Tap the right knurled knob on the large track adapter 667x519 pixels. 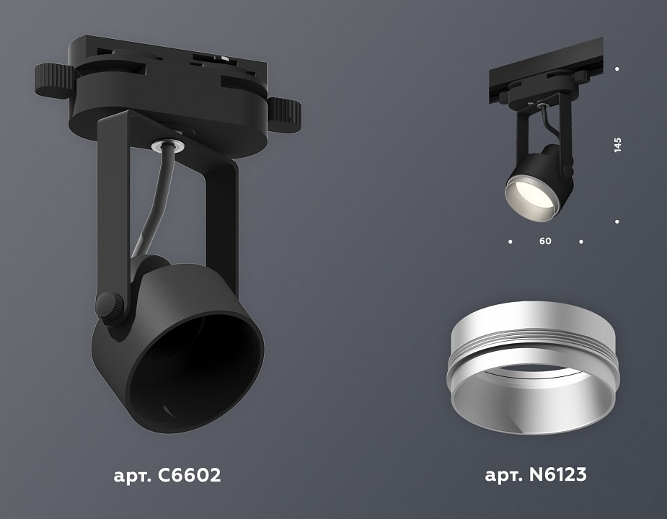click(x=286, y=112)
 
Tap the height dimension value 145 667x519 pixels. click(x=617, y=144)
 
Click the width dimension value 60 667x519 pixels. click(x=545, y=241)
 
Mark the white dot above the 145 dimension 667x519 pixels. click(x=617, y=69)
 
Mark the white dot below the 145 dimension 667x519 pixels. click(x=617, y=221)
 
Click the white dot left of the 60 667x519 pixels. click(x=510, y=241)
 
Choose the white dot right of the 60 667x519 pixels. click(x=581, y=241)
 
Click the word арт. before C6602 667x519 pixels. click(x=130, y=476)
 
